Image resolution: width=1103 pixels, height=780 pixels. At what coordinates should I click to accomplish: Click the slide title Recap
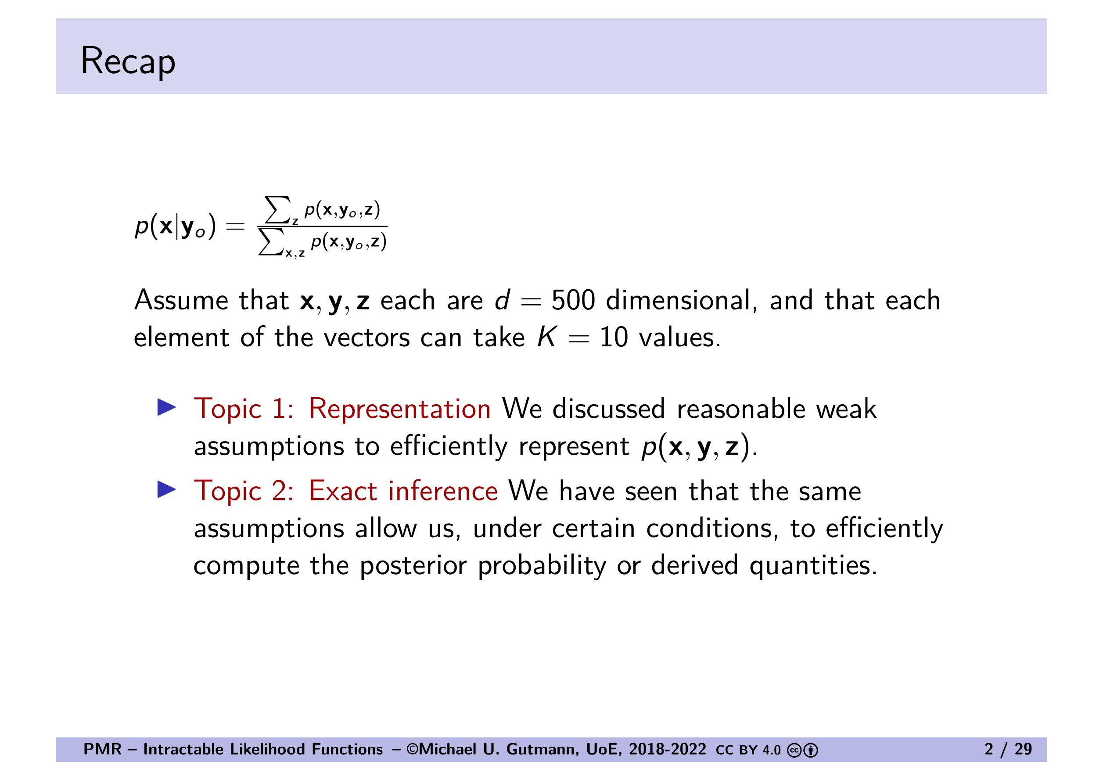point(128,61)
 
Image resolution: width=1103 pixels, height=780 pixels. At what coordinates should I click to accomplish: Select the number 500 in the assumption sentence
point(573,300)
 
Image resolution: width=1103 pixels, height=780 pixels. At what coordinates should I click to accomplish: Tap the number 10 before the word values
point(614,337)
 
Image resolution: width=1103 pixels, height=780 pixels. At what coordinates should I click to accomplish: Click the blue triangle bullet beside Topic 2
point(167,490)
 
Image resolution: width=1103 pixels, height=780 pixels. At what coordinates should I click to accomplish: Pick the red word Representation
point(400,409)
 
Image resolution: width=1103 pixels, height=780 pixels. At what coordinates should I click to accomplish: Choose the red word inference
point(442,491)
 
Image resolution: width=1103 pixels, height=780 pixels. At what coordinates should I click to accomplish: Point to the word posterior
point(413,566)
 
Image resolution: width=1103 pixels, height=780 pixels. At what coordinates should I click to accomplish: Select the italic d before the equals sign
point(503,300)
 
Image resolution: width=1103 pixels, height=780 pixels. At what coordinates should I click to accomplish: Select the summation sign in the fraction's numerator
point(278,209)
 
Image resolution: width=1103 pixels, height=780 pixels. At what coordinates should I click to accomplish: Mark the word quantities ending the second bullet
point(813,566)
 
